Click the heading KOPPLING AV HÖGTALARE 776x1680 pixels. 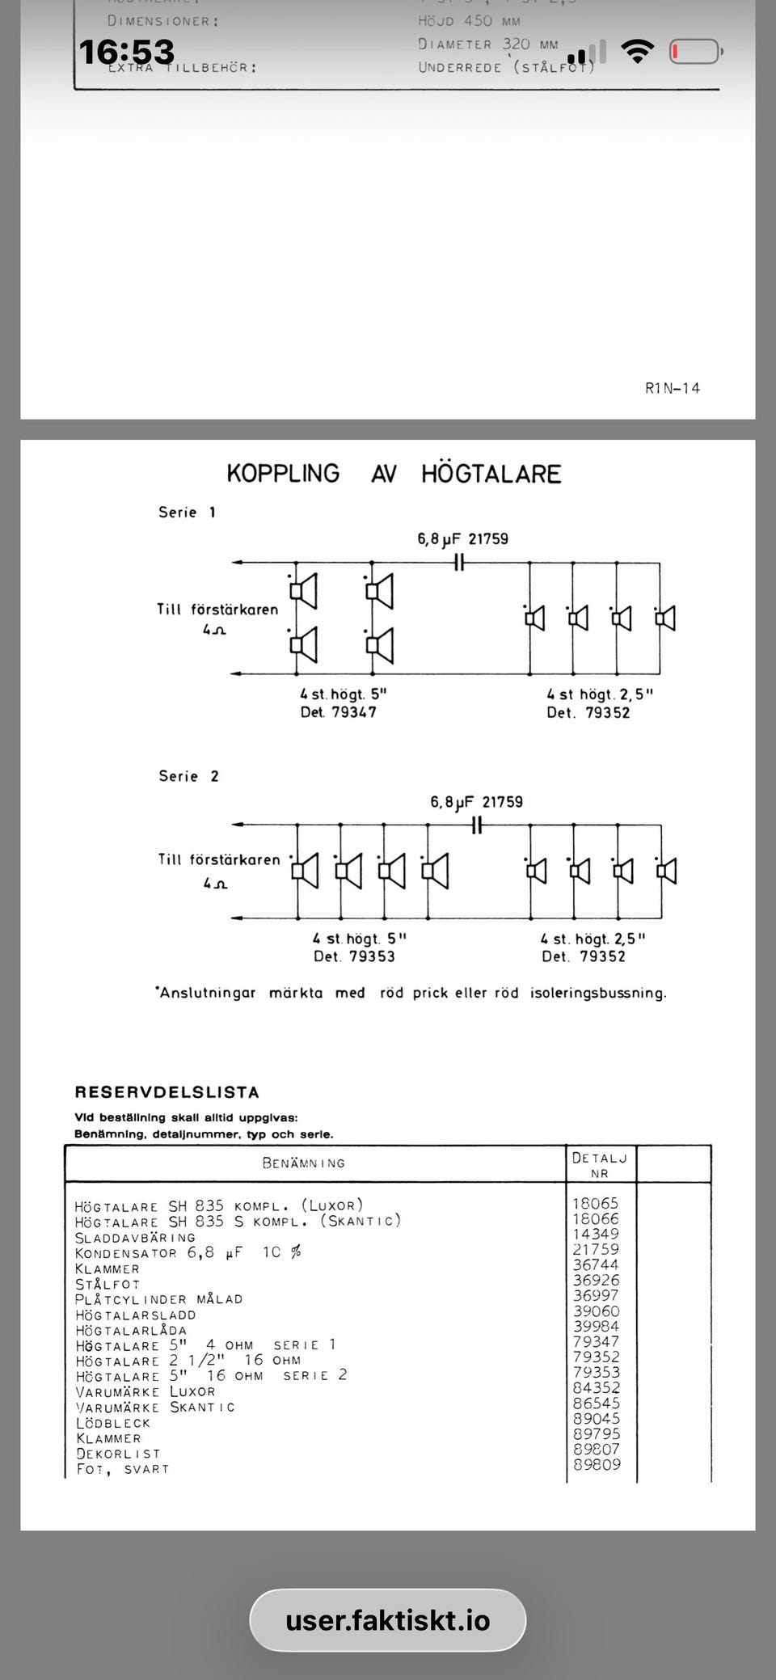(394, 473)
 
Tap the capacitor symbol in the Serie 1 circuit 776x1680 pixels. (458, 563)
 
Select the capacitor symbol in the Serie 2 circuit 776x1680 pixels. (477, 825)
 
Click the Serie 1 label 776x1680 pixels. (187, 512)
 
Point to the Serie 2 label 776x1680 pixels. (188, 776)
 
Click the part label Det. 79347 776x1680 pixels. (339, 712)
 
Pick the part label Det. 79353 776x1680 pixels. (355, 956)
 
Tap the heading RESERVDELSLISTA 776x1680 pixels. (167, 1092)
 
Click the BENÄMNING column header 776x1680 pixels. (303, 1163)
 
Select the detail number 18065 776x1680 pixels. (595, 1203)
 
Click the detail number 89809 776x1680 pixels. (597, 1464)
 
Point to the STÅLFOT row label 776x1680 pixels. (108, 1284)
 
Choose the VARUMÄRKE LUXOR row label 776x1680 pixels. (145, 1391)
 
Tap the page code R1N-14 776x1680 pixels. (673, 388)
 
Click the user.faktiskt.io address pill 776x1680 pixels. (388, 1620)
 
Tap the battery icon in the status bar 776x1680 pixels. (694, 52)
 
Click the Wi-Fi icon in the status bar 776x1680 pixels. (638, 52)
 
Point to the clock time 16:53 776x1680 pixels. (127, 52)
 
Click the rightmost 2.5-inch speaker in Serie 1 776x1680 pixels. (665, 619)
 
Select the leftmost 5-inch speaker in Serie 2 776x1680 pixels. (305, 871)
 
